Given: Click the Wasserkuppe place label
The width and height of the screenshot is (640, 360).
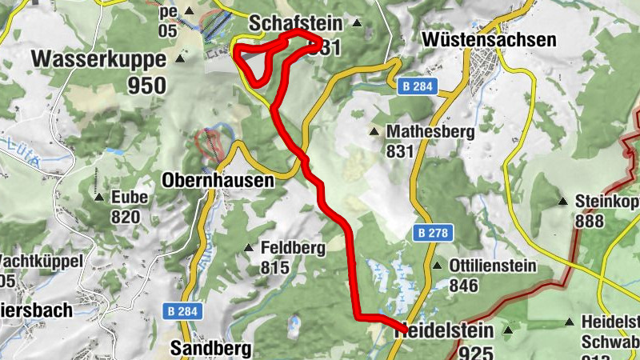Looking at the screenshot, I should click(x=98, y=59).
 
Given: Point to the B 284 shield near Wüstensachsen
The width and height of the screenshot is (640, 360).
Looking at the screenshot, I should click(x=414, y=87).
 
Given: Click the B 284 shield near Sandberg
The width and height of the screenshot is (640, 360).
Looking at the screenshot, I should click(x=184, y=310).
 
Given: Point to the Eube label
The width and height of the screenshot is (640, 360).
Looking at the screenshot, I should click(x=126, y=197).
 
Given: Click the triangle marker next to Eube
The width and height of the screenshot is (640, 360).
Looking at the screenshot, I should click(x=98, y=197).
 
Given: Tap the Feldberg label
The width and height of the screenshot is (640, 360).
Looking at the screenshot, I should click(x=293, y=248).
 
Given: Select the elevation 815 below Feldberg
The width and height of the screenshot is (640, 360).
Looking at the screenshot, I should click(x=274, y=268).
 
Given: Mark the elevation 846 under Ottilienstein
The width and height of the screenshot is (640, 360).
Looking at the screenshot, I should click(x=464, y=286).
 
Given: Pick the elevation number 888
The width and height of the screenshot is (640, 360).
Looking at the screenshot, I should click(x=590, y=221).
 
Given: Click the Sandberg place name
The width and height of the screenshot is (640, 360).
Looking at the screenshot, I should click(x=210, y=348).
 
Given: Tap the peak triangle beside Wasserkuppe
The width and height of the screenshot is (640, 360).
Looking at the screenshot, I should click(x=181, y=59).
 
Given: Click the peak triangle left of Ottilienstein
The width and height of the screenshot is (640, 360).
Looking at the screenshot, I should click(x=438, y=266).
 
